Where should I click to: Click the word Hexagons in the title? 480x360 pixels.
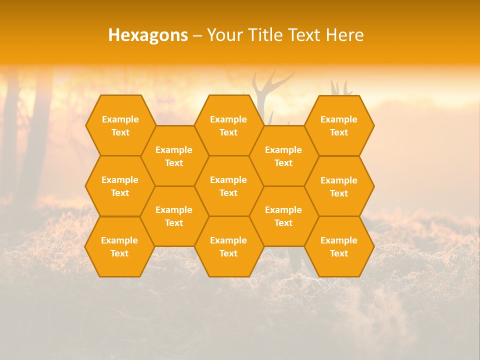pos(148,35)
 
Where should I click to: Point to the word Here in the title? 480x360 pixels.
pos(344,35)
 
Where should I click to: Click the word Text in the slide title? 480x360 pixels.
pos(308,35)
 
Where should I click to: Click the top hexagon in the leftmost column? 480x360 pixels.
pos(120,125)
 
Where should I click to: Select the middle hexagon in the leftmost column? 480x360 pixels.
pos(120,186)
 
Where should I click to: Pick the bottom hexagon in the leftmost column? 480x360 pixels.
pos(119,246)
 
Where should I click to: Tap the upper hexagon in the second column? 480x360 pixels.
pos(174,156)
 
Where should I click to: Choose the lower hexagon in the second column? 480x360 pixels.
pos(174,216)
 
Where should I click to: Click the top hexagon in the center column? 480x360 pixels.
pos(228,125)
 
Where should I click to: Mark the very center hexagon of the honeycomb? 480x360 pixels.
pos(228,186)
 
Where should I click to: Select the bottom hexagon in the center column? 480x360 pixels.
pos(228,246)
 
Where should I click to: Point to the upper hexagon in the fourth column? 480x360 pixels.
pos(283,156)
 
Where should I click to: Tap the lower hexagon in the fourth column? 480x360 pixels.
pos(283,216)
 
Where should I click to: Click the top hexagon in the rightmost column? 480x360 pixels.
pos(339,125)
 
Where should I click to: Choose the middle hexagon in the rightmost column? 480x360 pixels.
pos(339,186)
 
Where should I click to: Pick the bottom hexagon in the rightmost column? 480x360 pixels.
pos(339,246)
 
